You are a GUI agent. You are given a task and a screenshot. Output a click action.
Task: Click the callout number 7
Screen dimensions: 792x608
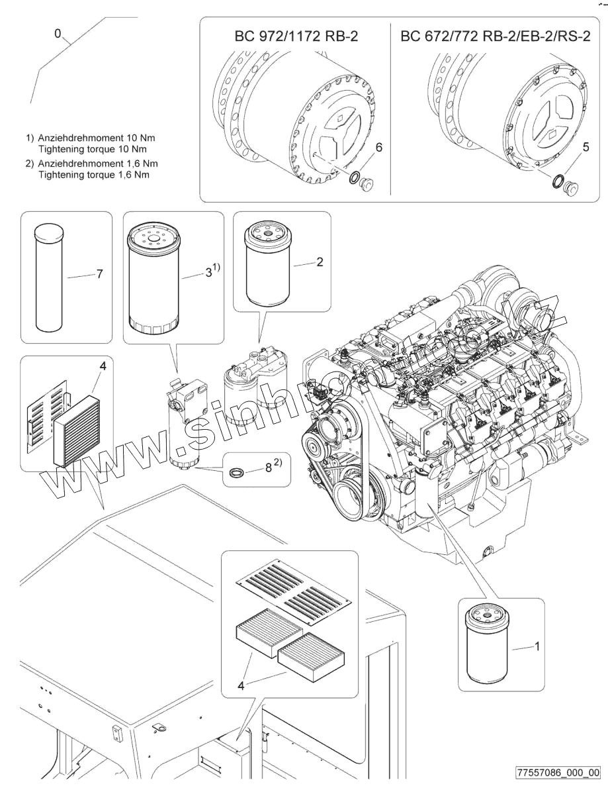99,274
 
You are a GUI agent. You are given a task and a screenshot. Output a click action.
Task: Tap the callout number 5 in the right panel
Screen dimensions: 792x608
586,148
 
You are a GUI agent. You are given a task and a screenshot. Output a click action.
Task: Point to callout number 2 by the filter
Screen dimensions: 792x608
320,262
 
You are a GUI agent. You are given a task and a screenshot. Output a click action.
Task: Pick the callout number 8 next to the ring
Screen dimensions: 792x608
268,467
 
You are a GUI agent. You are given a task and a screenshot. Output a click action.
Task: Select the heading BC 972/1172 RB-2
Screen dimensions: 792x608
296,36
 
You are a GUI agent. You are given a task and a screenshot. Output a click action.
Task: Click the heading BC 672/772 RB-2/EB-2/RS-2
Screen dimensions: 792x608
496,36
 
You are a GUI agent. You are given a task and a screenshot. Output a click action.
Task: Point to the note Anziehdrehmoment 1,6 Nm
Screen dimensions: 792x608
97,163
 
